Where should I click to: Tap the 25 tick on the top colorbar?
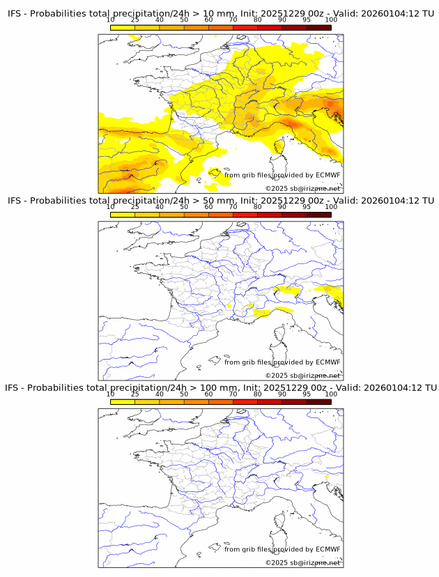tap(135, 20)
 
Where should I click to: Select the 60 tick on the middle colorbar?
tap(208, 206)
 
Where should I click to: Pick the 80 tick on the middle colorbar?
tap(257, 206)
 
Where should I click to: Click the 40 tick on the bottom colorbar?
tap(160, 394)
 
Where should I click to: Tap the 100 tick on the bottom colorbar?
tap(331, 394)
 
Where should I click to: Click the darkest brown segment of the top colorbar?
tap(318, 27)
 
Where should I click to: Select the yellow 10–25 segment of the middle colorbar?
tap(123, 215)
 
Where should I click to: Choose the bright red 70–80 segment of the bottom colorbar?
tap(245, 401)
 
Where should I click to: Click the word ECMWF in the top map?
tap(328, 175)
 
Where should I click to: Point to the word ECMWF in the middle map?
tap(328, 362)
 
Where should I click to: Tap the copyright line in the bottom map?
tap(302, 562)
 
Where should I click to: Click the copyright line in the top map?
tap(302, 189)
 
